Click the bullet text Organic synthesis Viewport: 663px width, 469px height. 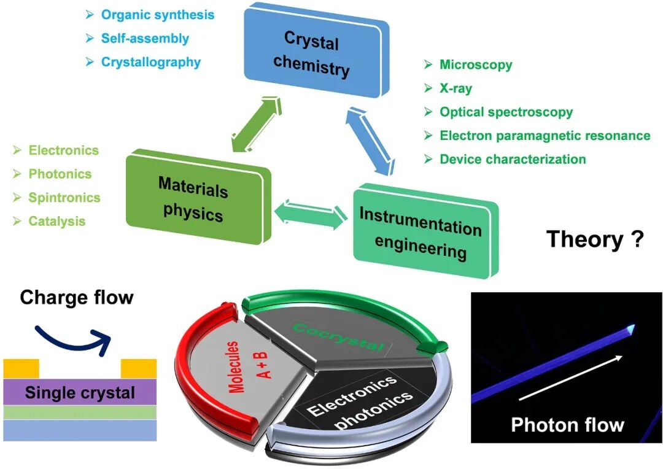[158, 14]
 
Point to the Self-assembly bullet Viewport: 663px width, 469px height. [145, 38]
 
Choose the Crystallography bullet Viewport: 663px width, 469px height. [151, 62]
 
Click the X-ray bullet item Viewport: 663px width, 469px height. [456, 88]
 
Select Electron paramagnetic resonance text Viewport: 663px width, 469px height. [545, 136]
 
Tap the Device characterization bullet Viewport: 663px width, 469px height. [513, 160]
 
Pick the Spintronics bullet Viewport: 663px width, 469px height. [64, 198]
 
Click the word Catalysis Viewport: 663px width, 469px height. [56, 221]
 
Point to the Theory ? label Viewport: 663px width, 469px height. [594, 238]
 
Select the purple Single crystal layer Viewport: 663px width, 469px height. [80, 392]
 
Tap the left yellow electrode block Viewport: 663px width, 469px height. [21, 368]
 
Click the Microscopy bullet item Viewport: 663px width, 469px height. [476, 64]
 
